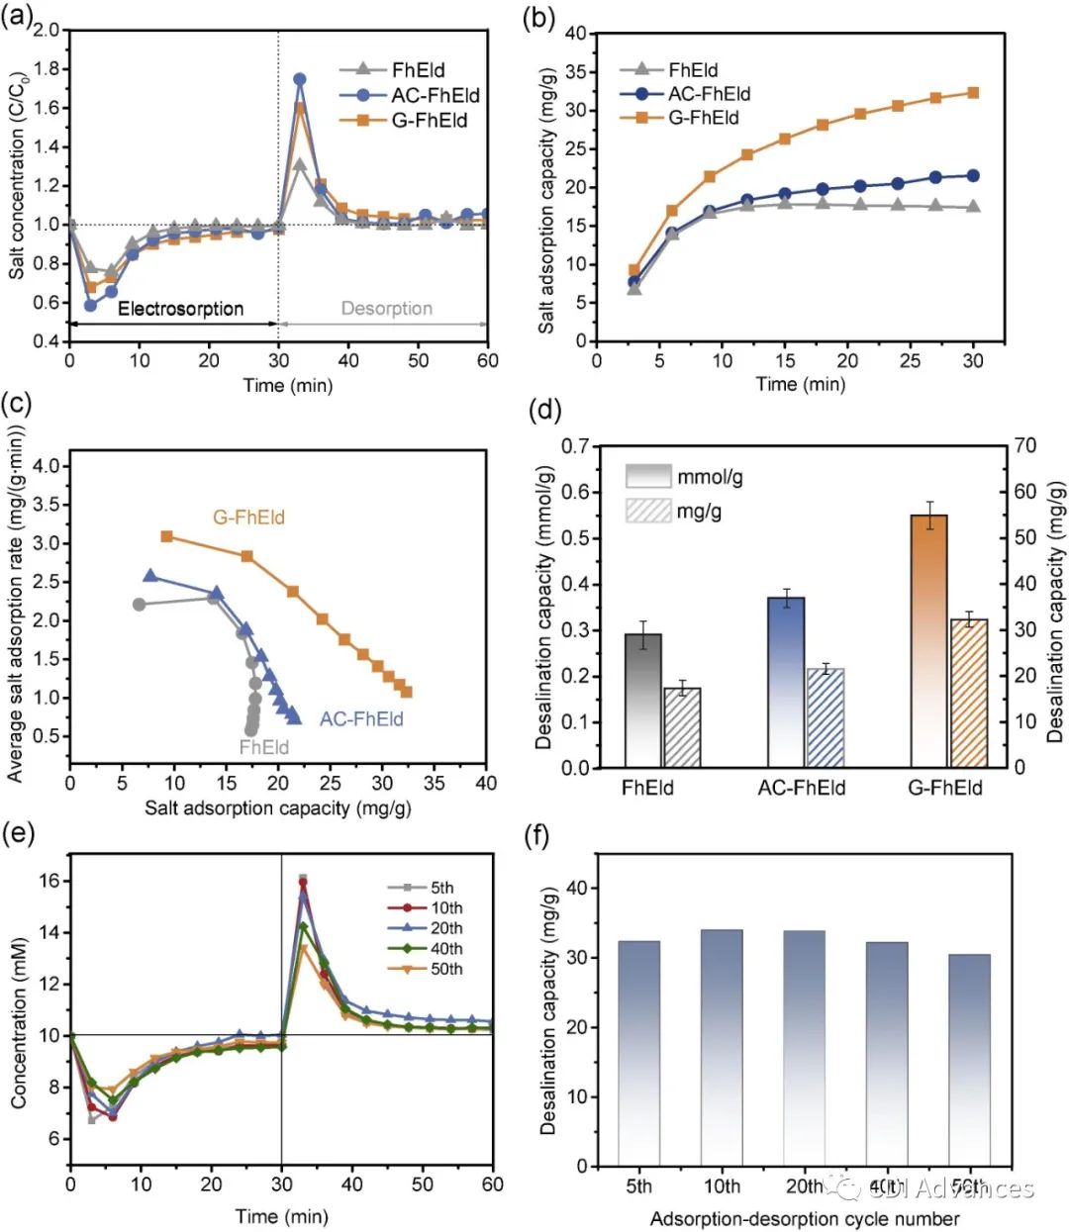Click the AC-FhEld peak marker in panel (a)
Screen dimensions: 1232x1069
300,79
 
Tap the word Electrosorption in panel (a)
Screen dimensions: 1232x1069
180,309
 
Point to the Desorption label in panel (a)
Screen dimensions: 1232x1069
386,309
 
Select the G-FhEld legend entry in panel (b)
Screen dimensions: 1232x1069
703,118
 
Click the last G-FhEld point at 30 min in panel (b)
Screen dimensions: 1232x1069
973,93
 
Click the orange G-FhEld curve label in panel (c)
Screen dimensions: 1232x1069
248,517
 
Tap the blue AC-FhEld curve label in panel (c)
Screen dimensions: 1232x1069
361,719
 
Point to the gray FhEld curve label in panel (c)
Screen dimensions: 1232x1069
263,747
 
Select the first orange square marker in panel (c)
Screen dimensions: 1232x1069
167,536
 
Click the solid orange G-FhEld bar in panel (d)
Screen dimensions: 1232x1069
928,640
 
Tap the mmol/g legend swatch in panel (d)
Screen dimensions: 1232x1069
648,477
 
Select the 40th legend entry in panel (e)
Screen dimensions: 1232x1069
446,949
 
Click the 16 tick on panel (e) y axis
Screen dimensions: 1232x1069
48,881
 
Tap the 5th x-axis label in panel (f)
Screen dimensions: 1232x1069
639,1187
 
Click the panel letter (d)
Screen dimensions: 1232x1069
546,410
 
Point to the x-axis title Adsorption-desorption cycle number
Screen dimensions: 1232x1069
804,1218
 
